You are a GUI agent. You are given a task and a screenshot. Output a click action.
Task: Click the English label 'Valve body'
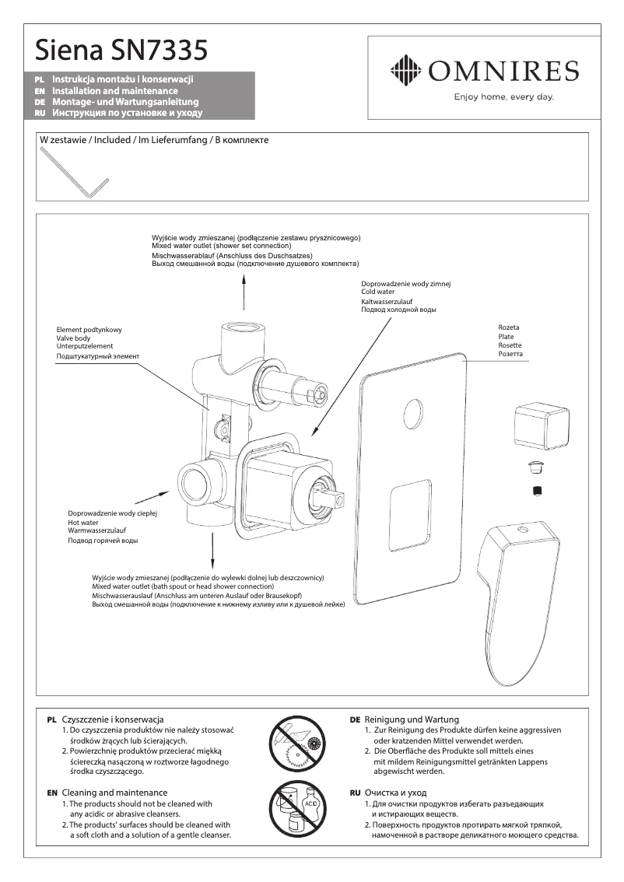(73, 338)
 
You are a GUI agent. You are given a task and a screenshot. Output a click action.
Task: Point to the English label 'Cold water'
(377, 292)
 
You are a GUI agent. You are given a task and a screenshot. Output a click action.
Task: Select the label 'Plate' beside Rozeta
(506, 337)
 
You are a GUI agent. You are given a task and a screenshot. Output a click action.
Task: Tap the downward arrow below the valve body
(213, 551)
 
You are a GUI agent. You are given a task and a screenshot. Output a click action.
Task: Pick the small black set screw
(536, 489)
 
